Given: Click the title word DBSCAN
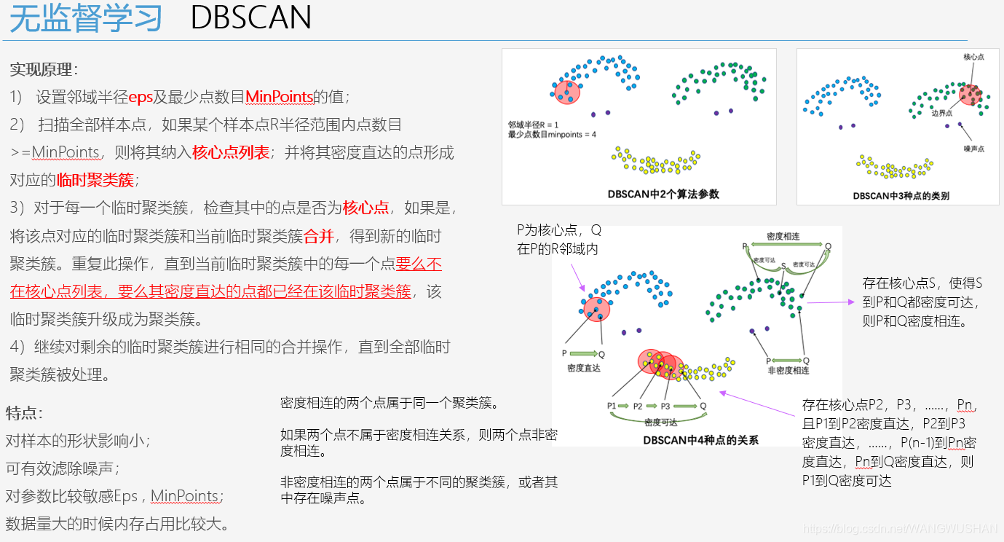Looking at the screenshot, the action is [x=251, y=18].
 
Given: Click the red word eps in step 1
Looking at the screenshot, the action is [x=141, y=97].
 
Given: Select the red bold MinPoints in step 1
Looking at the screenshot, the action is [x=280, y=97].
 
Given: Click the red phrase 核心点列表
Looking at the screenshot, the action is [x=231, y=152].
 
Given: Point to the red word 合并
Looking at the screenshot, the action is [x=318, y=236].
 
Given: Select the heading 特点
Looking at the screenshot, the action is [x=24, y=413].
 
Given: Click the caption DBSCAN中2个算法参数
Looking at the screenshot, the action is [x=663, y=195].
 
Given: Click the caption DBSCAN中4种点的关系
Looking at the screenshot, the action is [x=700, y=440].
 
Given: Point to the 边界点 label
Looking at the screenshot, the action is [x=941, y=113].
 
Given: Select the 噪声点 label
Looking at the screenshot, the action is [x=973, y=149].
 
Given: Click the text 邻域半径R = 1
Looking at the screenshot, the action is [x=533, y=125].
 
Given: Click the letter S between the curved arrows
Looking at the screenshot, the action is [x=783, y=266].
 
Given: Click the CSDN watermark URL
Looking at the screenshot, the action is [x=933, y=528].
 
